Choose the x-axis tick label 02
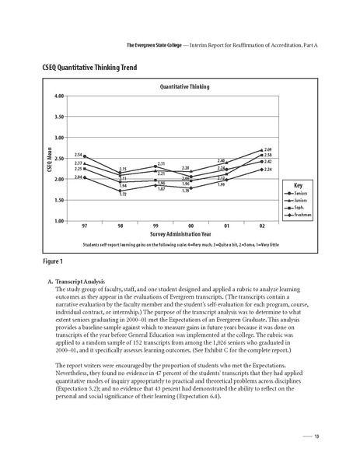[x=262, y=226]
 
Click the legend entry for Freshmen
[x=295, y=215]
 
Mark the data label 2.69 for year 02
[x=268, y=149]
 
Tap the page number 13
[x=317, y=436]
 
